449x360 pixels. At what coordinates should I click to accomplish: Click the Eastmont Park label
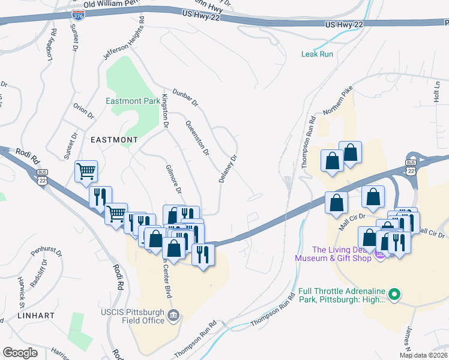[133, 101]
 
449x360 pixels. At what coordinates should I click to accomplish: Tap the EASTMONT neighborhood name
[114, 139]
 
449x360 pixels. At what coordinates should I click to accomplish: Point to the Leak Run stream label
[317, 54]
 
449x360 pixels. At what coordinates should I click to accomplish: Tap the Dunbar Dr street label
[188, 98]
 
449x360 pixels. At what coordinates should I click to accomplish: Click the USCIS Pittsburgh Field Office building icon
[173, 314]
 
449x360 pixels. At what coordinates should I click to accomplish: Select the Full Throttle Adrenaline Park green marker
[394, 294]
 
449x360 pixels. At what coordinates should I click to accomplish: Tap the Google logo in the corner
[20, 353]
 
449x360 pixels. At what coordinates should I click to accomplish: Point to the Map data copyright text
[424, 355]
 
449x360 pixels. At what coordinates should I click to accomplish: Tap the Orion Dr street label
[83, 111]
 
